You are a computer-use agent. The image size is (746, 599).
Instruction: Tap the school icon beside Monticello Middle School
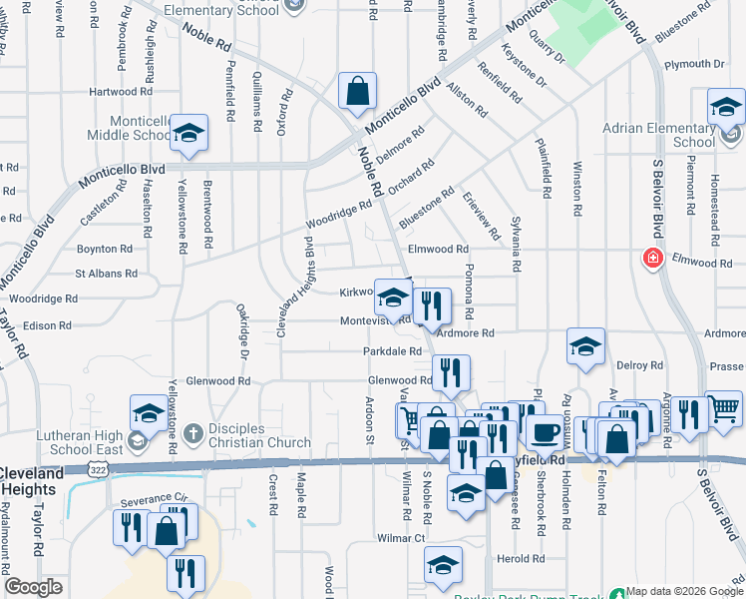coord(188,134)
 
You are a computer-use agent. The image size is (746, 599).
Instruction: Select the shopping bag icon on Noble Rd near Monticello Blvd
coord(357,92)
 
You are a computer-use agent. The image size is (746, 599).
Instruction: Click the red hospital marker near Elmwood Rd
coord(653,259)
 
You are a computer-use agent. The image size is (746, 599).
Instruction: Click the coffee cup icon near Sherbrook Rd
coord(545,431)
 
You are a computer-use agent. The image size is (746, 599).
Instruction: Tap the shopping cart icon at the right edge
coord(725,407)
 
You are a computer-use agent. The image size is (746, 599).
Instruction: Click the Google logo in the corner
coord(34,587)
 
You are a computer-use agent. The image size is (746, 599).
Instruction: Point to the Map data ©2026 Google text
coord(684,591)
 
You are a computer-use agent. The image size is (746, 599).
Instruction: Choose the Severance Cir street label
coord(154,498)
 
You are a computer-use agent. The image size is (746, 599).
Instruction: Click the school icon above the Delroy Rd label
coord(585,345)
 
